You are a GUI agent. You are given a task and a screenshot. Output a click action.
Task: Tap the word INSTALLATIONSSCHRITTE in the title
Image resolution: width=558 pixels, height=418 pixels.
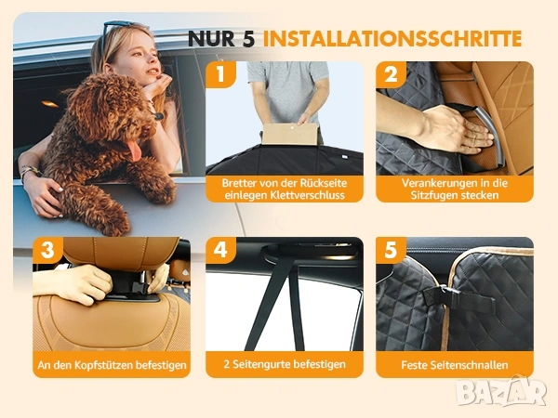(x=392, y=38)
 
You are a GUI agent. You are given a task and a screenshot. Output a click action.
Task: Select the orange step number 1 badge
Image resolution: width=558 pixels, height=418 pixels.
(x=220, y=74)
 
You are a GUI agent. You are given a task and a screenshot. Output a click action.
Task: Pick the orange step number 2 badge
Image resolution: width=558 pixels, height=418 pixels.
(x=391, y=74)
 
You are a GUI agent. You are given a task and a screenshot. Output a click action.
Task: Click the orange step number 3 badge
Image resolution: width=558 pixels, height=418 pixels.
(x=47, y=250)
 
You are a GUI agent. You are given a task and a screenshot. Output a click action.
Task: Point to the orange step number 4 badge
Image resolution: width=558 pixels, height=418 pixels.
(x=220, y=250)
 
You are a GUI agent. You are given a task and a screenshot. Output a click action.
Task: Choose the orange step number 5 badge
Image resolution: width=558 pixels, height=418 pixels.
(x=391, y=250)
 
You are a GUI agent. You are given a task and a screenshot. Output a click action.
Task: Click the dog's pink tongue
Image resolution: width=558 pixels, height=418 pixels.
(x=135, y=150)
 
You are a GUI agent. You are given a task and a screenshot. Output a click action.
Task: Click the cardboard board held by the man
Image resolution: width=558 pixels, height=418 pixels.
(x=289, y=134)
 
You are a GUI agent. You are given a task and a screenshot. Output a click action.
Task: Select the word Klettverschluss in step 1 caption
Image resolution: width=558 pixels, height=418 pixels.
(x=308, y=195)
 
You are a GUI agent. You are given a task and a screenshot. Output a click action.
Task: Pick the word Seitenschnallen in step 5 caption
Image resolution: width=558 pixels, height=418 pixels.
(x=469, y=365)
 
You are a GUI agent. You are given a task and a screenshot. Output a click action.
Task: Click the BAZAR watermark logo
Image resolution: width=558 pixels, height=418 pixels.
(x=502, y=391)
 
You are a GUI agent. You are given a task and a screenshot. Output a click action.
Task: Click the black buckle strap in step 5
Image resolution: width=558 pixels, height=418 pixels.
(x=459, y=298)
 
